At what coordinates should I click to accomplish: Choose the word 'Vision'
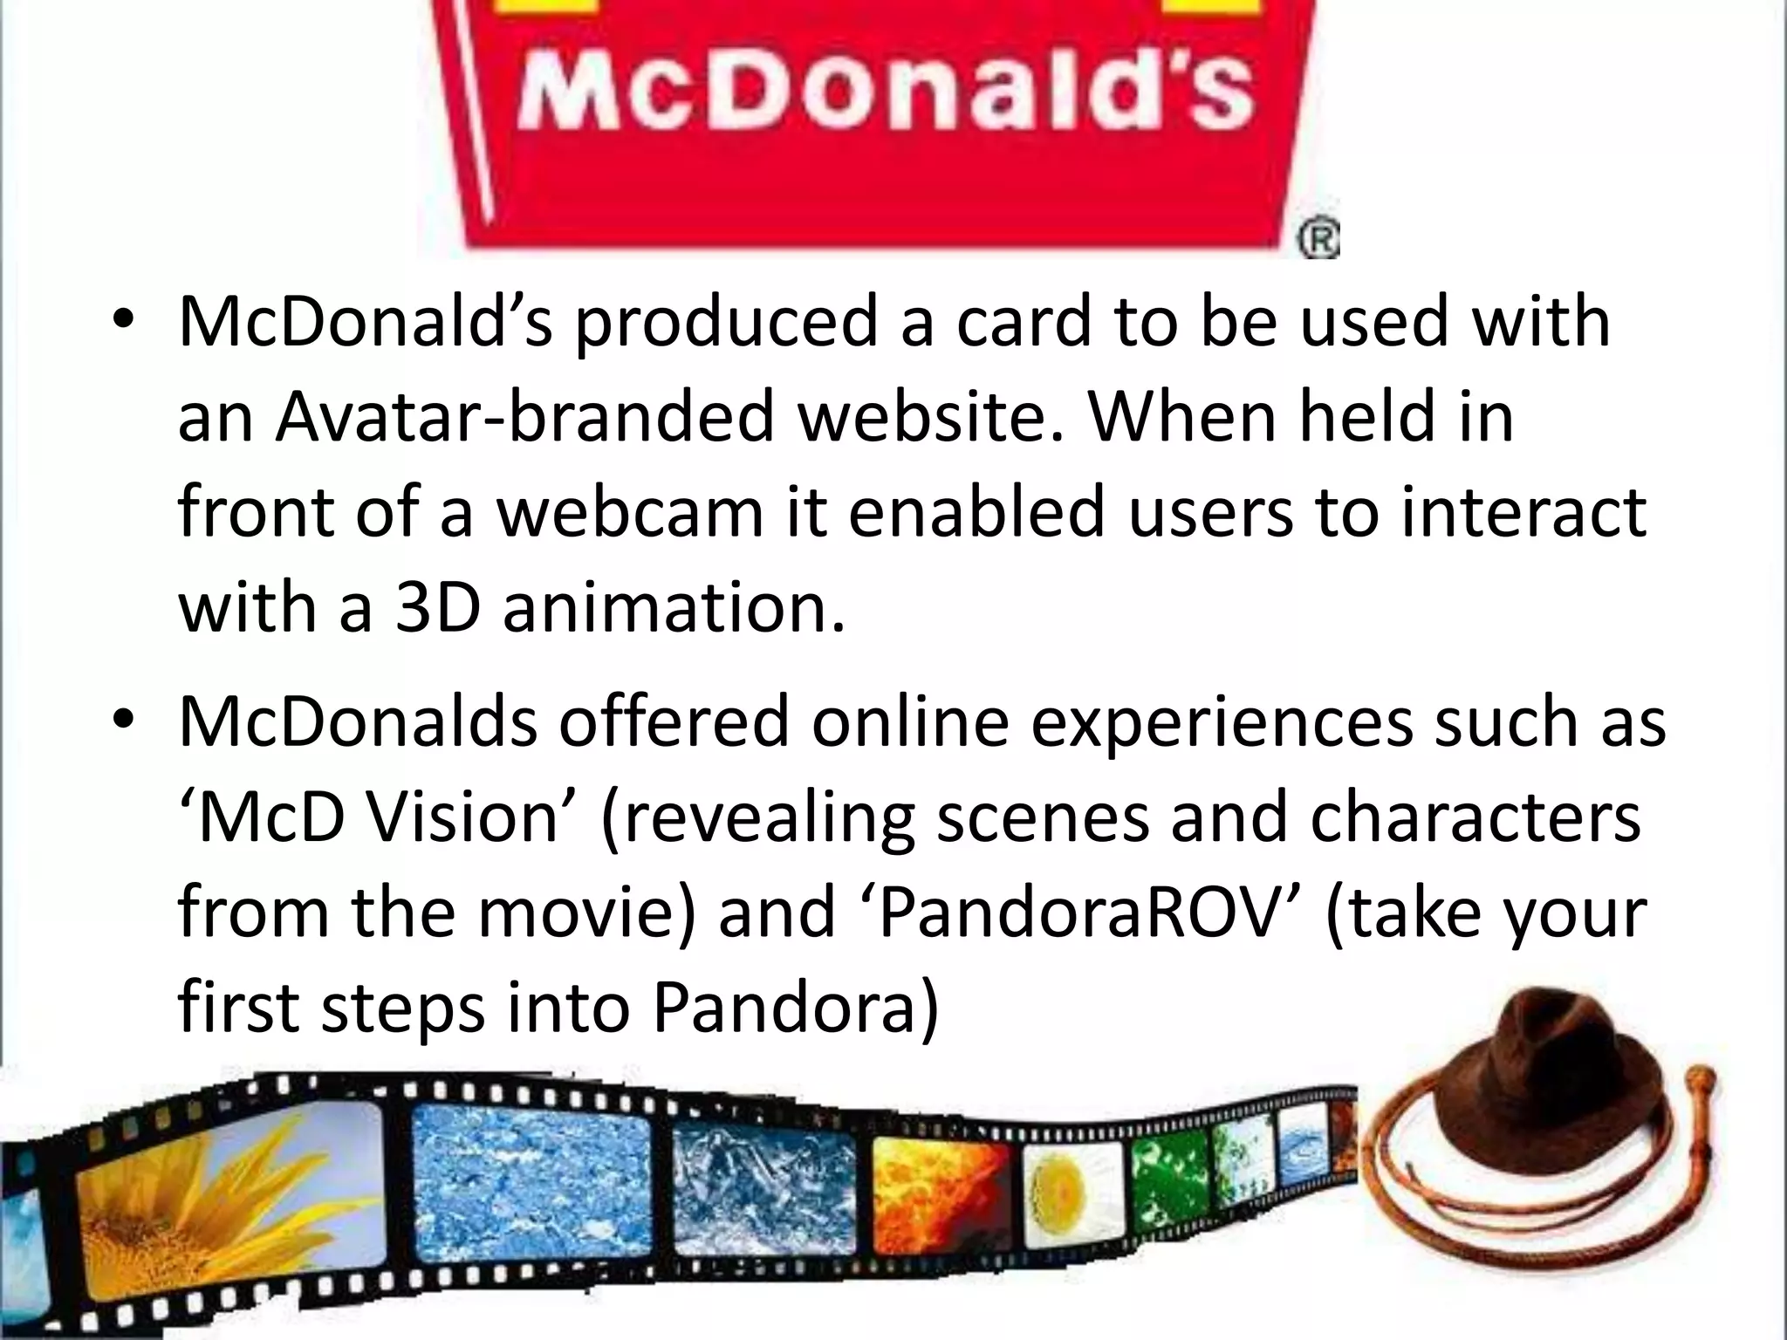(462, 817)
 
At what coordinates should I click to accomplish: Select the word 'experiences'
(1222, 721)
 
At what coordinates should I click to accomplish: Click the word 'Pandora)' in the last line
(795, 1008)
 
